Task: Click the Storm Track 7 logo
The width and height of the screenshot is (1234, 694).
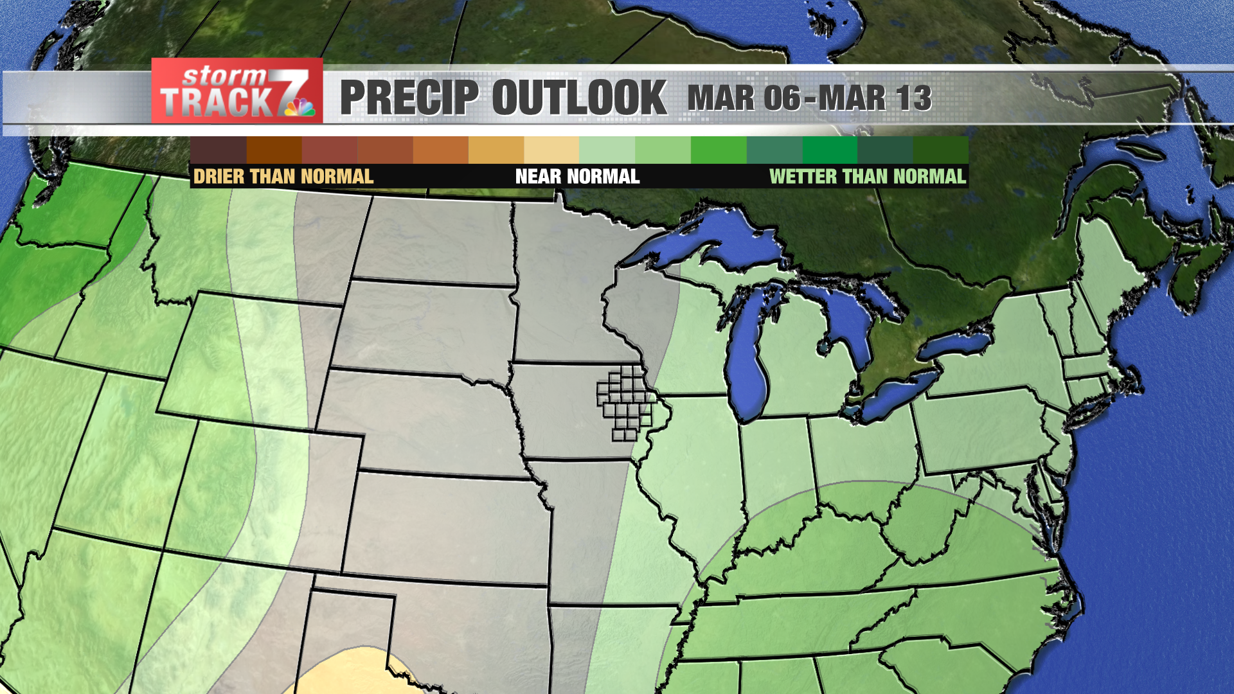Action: pos(237,91)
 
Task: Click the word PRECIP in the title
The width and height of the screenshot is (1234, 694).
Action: pos(409,98)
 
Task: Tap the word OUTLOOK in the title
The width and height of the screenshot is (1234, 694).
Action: pos(579,98)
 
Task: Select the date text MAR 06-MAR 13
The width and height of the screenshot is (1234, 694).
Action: pos(809,98)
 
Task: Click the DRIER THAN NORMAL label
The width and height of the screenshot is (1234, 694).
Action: pos(283,177)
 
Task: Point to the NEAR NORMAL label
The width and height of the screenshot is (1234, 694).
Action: pos(577,177)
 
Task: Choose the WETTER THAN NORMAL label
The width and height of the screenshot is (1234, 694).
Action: pos(867,177)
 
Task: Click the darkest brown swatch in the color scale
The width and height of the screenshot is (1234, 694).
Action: pos(219,150)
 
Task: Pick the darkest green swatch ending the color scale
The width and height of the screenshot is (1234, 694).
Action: pos(940,150)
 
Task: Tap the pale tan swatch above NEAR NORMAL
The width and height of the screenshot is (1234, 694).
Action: pos(551,150)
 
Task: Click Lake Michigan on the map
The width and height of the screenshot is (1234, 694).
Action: pos(747,366)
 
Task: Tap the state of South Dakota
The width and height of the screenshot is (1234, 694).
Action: pos(424,328)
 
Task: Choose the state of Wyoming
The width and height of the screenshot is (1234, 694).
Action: pos(238,360)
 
